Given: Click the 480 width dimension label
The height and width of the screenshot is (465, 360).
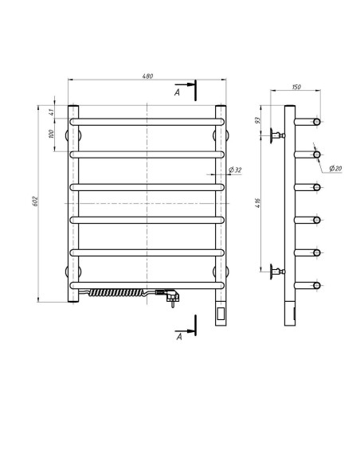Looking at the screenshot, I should pyautogui.click(x=147, y=76).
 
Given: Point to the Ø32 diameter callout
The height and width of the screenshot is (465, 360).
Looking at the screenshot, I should pyautogui.click(x=236, y=170).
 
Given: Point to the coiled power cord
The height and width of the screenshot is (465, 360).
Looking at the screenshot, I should pyautogui.click(x=119, y=293).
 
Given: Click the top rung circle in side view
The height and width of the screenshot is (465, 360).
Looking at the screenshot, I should pyautogui.click(x=316, y=122).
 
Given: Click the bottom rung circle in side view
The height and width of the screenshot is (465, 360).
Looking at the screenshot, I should pyautogui.click(x=316, y=284).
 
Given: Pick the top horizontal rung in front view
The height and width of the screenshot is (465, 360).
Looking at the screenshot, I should pyautogui.click(x=147, y=122).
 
